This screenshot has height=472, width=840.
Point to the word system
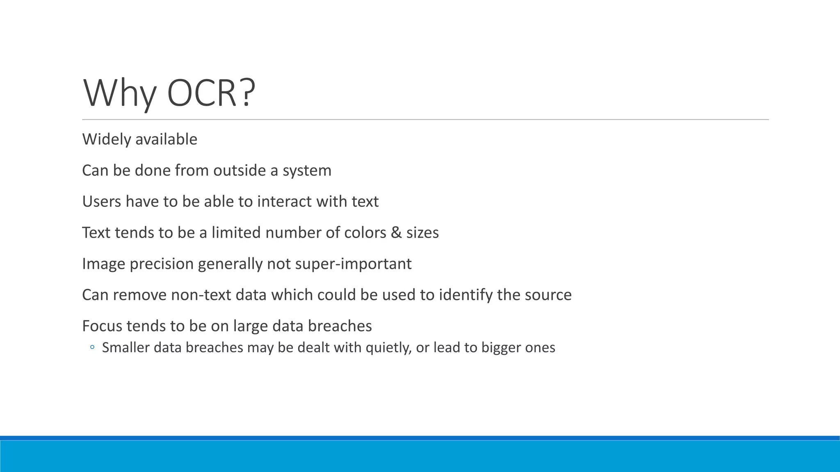(x=307, y=170)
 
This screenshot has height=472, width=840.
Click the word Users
(x=101, y=202)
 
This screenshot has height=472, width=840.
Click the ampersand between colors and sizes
(x=396, y=233)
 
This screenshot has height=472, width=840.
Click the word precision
(x=161, y=264)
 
